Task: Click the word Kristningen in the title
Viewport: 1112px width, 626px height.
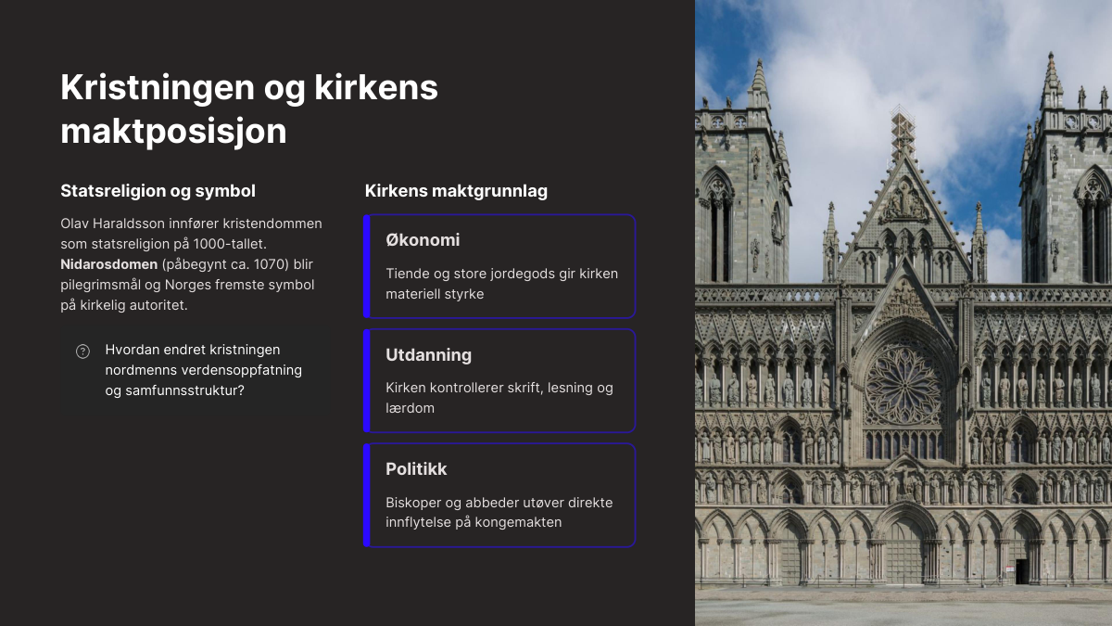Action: click(x=158, y=88)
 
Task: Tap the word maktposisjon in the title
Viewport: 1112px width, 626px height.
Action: click(x=174, y=132)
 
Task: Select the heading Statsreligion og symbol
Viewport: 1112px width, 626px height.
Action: click(x=158, y=191)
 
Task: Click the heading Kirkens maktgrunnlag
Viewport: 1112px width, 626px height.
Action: click(x=456, y=191)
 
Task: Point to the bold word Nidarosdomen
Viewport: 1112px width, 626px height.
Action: click(x=108, y=264)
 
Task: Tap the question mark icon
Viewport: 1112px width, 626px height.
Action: click(x=82, y=351)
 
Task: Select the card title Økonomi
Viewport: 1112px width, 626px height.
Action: click(x=423, y=240)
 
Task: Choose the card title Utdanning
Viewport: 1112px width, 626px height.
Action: click(x=428, y=354)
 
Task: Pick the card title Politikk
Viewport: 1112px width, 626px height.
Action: click(x=416, y=469)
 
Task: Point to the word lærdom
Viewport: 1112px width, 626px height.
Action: click(x=410, y=408)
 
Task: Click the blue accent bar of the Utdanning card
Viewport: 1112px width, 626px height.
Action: click(x=367, y=380)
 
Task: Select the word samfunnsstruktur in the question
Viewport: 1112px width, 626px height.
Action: click(x=184, y=390)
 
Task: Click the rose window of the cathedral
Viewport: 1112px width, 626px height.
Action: click(x=904, y=386)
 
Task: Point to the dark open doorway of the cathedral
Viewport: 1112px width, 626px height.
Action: click(x=1021, y=571)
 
